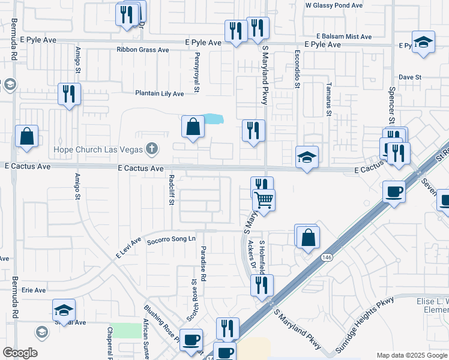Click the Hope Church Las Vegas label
coord(97,149)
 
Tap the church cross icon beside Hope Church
coord(152,148)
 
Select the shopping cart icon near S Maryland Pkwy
coord(264,200)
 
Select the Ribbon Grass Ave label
coord(143,50)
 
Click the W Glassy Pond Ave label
coord(334,5)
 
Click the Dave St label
coord(411,77)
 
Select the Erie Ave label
coord(34,290)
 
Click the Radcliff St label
coord(171,190)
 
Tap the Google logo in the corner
coord(20,353)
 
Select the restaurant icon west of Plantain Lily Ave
coord(68,94)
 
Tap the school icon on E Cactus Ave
coord(307,157)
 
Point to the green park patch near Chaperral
coord(125,330)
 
